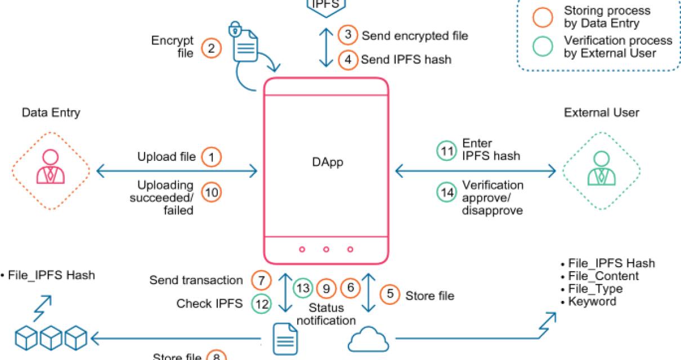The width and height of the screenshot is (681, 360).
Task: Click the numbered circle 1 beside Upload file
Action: tap(211, 157)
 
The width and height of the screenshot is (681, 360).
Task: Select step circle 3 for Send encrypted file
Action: tap(348, 35)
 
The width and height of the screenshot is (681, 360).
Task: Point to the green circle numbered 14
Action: tap(446, 192)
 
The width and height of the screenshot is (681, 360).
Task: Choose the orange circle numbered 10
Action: tap(212, 192)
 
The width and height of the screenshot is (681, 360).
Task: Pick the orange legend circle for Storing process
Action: tap(543, 17)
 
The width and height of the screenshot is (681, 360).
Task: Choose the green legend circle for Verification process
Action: tap(543, 47)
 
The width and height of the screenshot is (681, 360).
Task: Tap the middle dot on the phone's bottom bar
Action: tap(326, 249)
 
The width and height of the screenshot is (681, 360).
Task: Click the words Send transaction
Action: tap(196, 280)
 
